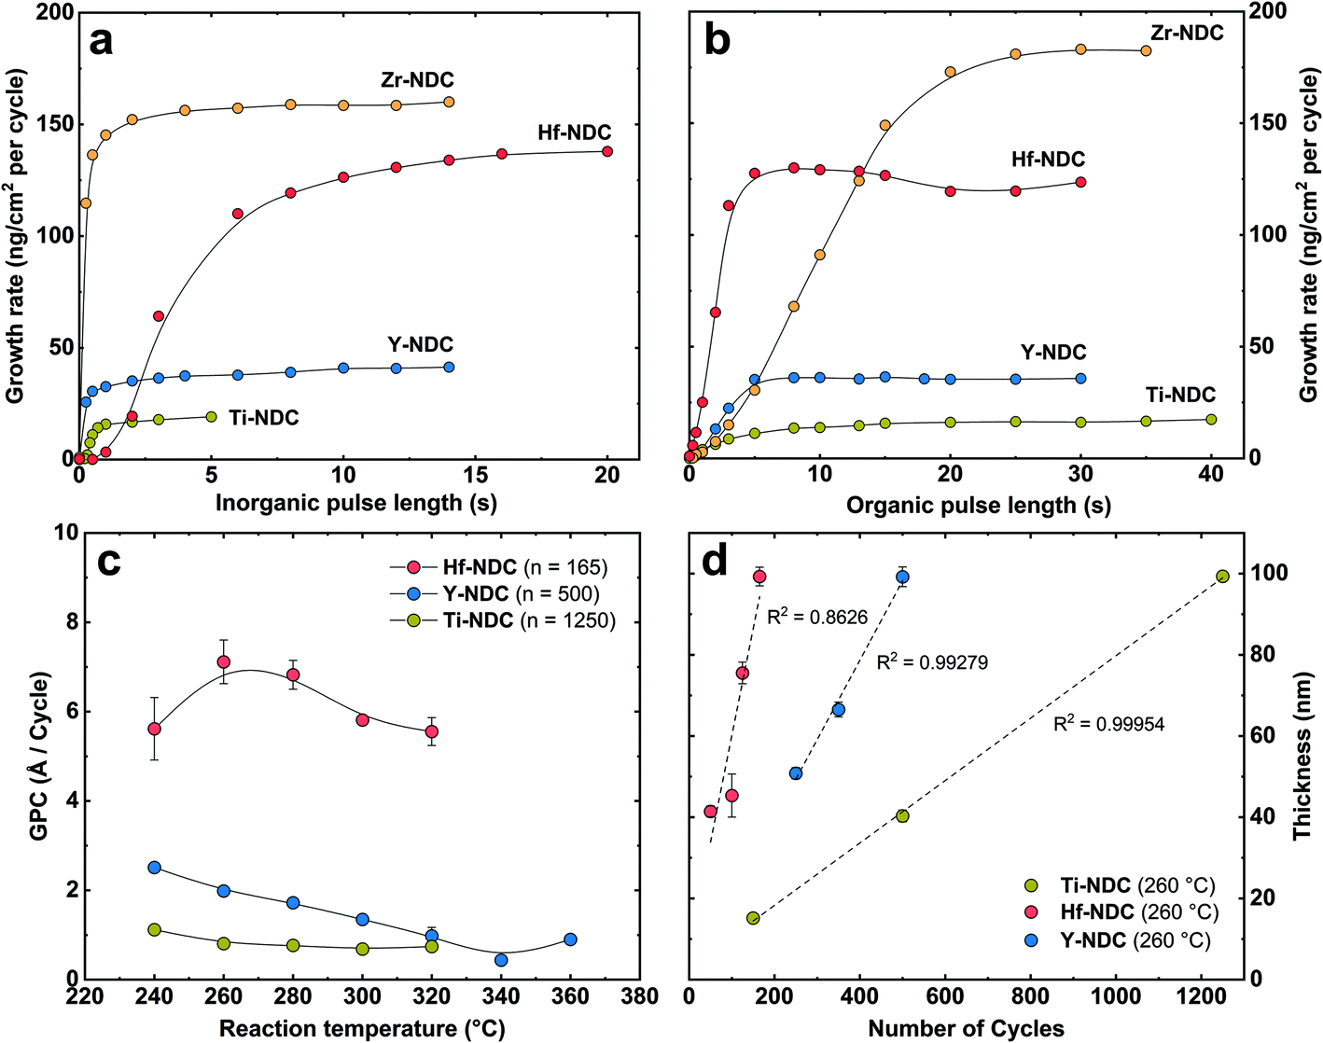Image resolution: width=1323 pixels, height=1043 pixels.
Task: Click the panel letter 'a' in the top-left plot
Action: point(101,42)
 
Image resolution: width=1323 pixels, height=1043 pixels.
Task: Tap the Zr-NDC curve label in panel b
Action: point(1187,34)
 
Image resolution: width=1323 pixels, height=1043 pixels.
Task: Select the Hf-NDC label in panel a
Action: point(574,133)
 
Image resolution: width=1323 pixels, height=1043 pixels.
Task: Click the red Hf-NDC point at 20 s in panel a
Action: point(607,151)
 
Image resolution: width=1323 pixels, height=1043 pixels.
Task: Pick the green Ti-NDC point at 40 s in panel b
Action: point(1211,420)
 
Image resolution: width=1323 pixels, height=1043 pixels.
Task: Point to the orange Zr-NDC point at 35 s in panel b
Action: point(1146,50)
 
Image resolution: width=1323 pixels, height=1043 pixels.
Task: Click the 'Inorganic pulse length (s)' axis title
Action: point(355,503)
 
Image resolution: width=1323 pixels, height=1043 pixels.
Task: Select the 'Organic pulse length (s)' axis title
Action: point(978,505)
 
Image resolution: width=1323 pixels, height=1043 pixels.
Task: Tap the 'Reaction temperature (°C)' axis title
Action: point(362,1028)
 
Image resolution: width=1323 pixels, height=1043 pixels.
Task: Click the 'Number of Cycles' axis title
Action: point(966,1028)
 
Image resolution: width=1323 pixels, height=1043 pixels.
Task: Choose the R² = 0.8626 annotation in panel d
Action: point(816,617)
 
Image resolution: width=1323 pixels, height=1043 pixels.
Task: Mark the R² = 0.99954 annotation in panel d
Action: point(1108,724)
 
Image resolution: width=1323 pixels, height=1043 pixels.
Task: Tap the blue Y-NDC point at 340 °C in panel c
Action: point(501,960)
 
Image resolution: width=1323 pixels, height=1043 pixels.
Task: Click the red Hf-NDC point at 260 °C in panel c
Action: point(224,661)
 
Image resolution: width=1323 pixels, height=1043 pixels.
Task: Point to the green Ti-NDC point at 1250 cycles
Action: point(1222,576)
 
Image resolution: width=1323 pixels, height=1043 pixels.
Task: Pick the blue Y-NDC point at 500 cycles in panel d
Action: point(902,577)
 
